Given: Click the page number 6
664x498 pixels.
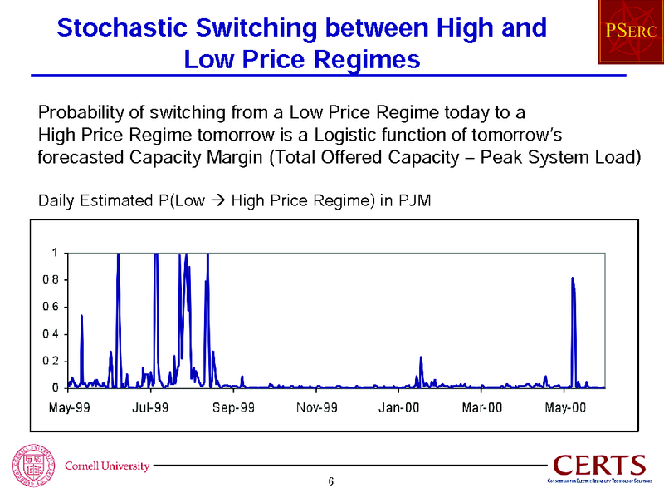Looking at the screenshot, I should coord(331,483).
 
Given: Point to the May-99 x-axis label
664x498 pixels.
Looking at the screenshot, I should coord(68,407).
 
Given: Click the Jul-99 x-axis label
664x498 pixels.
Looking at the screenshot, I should coord(151,407).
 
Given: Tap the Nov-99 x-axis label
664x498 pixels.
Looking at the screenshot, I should coord(317,407).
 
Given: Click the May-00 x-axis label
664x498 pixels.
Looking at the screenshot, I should coord(566,407).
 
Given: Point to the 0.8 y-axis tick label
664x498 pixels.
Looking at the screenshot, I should coord(50,280).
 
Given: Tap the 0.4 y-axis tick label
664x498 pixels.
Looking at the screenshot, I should coord(50,334).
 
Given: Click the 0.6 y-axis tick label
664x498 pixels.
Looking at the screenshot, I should coord(50,307).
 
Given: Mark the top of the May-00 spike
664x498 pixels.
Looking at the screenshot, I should coord(573,279).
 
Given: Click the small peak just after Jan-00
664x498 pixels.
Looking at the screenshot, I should coord(421,357).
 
